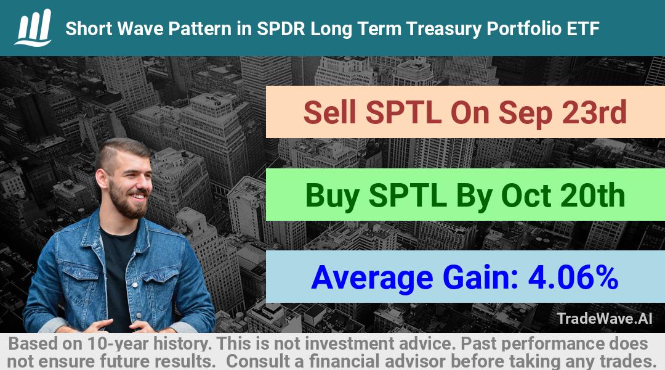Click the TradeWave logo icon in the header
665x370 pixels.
(33, 27)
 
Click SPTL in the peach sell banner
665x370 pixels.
(403, 112)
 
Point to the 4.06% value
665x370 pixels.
(573, 277)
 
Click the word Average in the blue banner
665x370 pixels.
(372, 279)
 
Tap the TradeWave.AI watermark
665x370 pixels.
(605, 318)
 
